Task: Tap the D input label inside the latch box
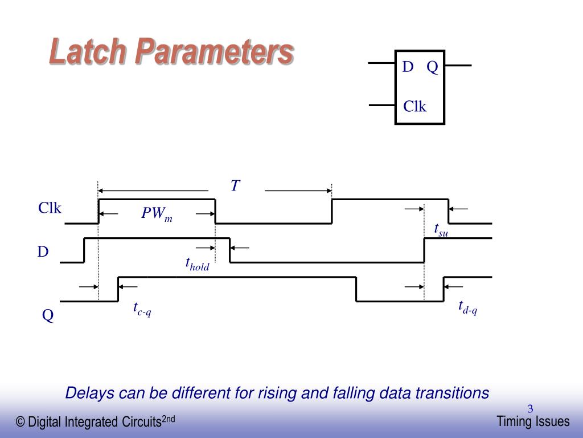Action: [408, 67]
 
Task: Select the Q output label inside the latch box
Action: [432, 67]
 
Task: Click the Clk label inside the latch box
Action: [414, 106]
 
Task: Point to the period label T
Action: [235, 186]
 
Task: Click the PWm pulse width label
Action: [157, 214]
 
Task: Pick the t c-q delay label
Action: [142, 309]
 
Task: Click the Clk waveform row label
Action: [50, 209]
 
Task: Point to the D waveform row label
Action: [43, 252]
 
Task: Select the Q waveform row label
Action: [48, 315]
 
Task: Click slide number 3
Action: [530, 408]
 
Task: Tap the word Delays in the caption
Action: [85, 393]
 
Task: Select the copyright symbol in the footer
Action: [20, 423]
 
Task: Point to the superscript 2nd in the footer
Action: [168, 419]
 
